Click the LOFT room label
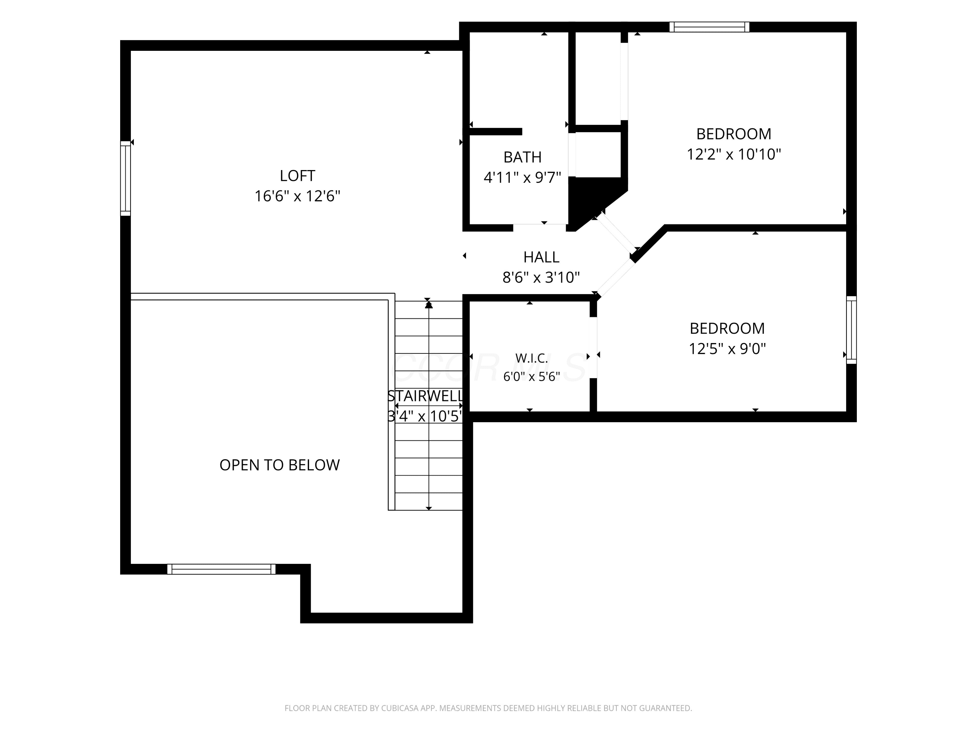coord(297,176)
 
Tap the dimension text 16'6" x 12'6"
coord(297,196)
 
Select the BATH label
coord(522,157)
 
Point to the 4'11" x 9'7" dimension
coord(522,178)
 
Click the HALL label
coord(542,257)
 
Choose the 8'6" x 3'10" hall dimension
coord(542,278)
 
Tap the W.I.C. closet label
coord(532,358)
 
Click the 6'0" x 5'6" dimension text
coord(532,377)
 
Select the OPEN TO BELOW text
coord(279,465)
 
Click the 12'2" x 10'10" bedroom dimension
coord(734,154)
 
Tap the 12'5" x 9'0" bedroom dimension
coord(728,349)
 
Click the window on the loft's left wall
coord(125,179)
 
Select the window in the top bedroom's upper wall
coord(709,27)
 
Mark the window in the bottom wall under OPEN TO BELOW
coord(221,569)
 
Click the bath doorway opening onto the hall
coord(540,227)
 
